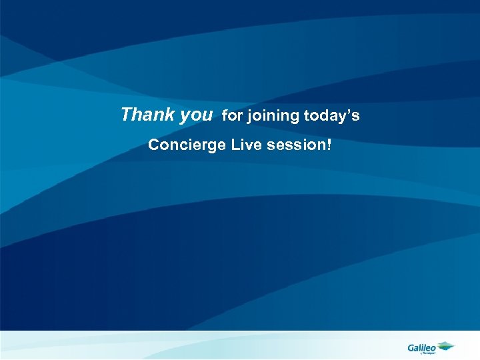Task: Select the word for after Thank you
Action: (x=233, y=116)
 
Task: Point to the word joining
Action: (x=273, y=117)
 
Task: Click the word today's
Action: (x=331, y=116)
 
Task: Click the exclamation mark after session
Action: (x=328, y=145)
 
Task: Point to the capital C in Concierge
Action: (x=153, y=145)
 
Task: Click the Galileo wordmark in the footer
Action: (x=421, y=346)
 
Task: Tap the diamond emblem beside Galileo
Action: (x=445, y=345)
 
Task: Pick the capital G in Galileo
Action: (x=411, y=346)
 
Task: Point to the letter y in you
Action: (x=185, y=117)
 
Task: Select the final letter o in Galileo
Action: (x=433, y=347)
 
